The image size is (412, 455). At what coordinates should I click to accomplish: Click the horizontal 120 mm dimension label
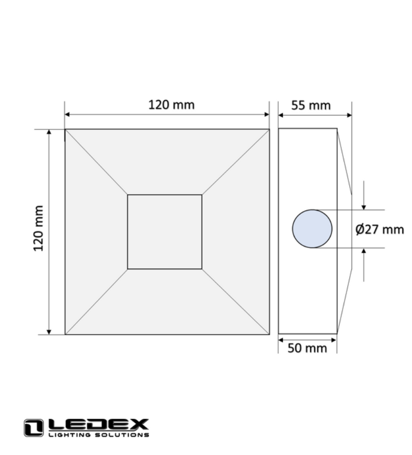pos(171,105)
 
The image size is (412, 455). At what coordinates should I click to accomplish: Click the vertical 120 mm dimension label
pos(39,228)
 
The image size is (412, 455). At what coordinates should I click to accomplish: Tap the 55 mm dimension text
pos(311,106)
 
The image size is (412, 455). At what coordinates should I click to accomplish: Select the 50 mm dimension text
pos(307,348)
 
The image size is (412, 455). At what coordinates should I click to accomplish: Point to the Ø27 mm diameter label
pos(380,230)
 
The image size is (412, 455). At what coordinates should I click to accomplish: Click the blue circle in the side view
pos(312,229)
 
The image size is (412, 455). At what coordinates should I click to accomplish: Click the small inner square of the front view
pos(165,232)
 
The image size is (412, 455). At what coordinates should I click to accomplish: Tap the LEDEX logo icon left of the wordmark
pos(33,428)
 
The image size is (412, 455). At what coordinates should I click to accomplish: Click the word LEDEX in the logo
pos(98,425)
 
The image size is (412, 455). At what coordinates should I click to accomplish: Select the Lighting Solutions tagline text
pos(98,435)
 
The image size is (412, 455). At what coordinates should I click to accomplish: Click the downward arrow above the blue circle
pos(364,206)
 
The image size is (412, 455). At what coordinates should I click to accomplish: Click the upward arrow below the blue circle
pos(364,252)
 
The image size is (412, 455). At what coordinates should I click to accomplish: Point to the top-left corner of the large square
pos(65,130)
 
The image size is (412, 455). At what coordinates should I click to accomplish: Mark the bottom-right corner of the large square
pos(269,334)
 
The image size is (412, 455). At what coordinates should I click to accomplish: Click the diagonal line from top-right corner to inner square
pos(235,162)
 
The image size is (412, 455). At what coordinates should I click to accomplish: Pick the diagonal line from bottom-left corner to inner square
pos(96,302)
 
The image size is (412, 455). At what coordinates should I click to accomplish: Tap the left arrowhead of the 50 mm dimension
pos(281,340)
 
